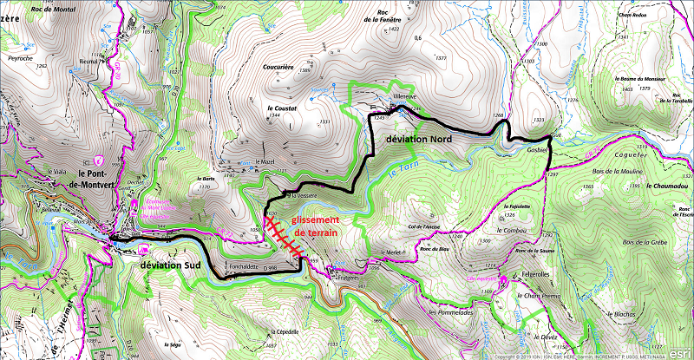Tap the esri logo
(678, 343)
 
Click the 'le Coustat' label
(283, 108)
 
